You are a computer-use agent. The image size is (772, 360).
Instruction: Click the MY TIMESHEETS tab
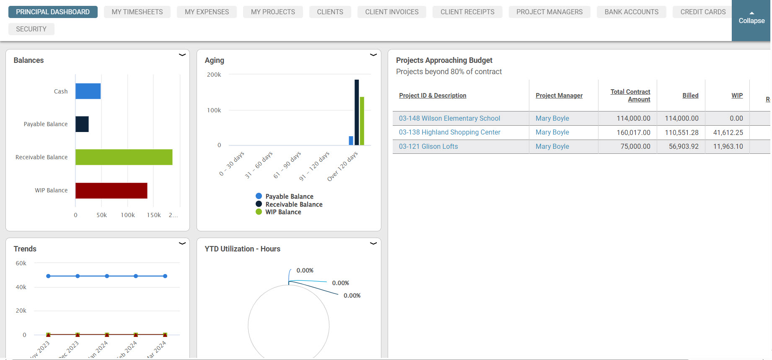coord(137,12)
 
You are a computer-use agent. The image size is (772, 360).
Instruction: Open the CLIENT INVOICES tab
coord(391,12)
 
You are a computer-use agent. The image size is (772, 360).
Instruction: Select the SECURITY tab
coord(31,29)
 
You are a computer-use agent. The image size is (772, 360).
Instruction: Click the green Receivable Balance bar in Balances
coord(124,157)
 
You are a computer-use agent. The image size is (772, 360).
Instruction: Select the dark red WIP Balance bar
coord(111,190)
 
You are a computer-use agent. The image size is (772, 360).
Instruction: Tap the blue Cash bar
coord(88,91)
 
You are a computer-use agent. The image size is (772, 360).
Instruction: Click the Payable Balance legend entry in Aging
coord(289,197)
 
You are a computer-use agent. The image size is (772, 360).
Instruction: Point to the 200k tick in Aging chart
coord(214,75)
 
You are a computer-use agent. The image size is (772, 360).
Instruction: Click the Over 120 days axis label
coord(342,166)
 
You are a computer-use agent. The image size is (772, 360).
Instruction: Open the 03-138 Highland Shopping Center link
coord(449,132)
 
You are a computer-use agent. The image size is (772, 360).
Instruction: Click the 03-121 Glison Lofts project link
coord(428,146)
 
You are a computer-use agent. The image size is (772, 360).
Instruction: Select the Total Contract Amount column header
coord(630,96)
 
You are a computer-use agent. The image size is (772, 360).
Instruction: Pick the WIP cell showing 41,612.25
coord(728,132)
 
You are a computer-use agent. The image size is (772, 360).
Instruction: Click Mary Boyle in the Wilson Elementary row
coord(552,118)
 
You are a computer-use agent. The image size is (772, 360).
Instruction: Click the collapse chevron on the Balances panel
coord(182,55)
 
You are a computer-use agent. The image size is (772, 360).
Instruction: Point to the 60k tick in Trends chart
coord(21,263)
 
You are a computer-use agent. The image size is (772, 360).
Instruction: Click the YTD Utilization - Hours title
coord(242,249)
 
